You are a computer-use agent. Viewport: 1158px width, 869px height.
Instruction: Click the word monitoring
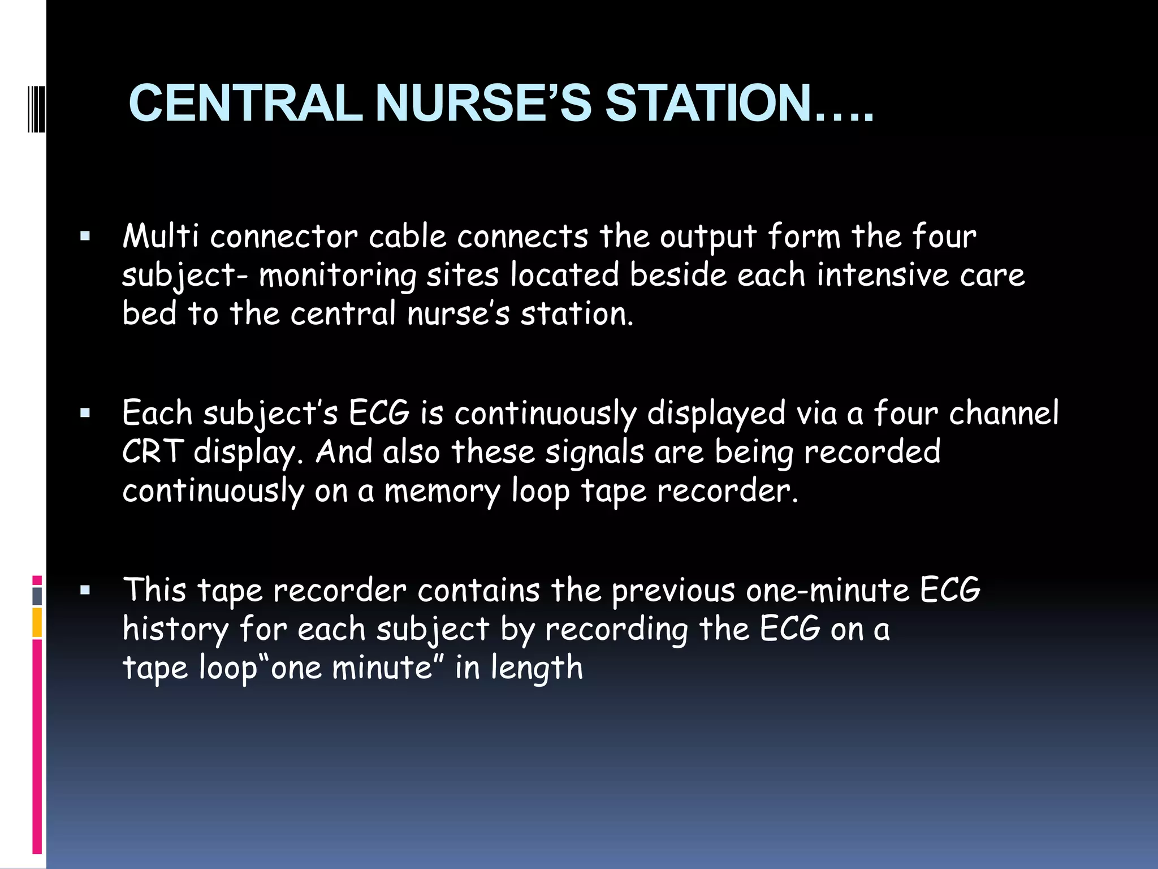coord(338,276)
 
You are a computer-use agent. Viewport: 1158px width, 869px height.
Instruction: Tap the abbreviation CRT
coord(153,452)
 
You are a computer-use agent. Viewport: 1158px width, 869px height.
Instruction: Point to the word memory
coord(442,491)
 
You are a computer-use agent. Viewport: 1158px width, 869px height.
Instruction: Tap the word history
coord(175,630)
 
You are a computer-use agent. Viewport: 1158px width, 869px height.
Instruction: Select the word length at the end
coord(537,668)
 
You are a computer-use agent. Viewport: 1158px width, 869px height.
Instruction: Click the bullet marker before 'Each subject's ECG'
coord(85,414)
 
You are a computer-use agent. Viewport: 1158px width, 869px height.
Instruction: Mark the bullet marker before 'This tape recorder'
coord(85,591)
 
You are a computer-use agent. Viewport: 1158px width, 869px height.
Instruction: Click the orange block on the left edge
coord(37,622)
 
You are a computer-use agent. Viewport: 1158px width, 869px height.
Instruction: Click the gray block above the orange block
coord(37,596)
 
